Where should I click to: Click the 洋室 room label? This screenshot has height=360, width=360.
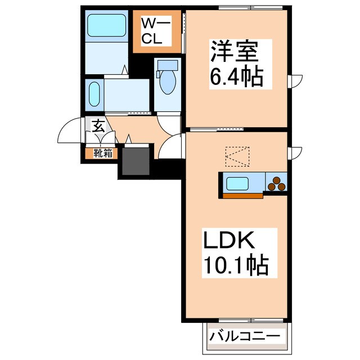[x=235, y=52]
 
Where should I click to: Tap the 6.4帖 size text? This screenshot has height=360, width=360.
[x=237, y=76]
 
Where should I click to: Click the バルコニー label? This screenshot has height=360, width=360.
[x=244, y=337]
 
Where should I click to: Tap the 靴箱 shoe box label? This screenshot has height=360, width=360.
[x=102, y=152]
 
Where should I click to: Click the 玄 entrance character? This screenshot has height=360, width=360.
[x=98, y=125]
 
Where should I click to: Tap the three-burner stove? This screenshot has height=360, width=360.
[x=276, y=183]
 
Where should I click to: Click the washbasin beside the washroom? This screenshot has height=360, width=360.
[x=94, y=93]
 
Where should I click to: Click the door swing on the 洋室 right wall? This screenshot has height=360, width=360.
[x=295, y=81]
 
